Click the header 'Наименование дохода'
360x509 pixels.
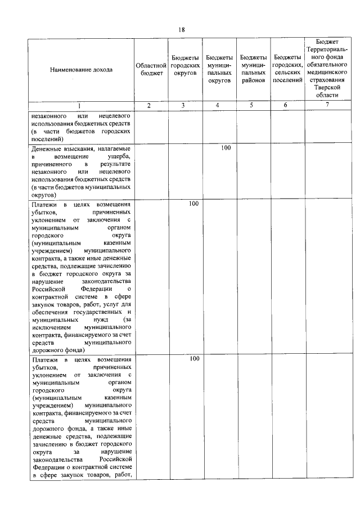point(80,70)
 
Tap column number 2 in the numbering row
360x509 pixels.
point(149,106)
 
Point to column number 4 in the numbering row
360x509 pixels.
point(218,106)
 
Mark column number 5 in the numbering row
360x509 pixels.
point(252,106)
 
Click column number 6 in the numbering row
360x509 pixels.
point(286,106)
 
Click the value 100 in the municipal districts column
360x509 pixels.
point(226,148)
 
